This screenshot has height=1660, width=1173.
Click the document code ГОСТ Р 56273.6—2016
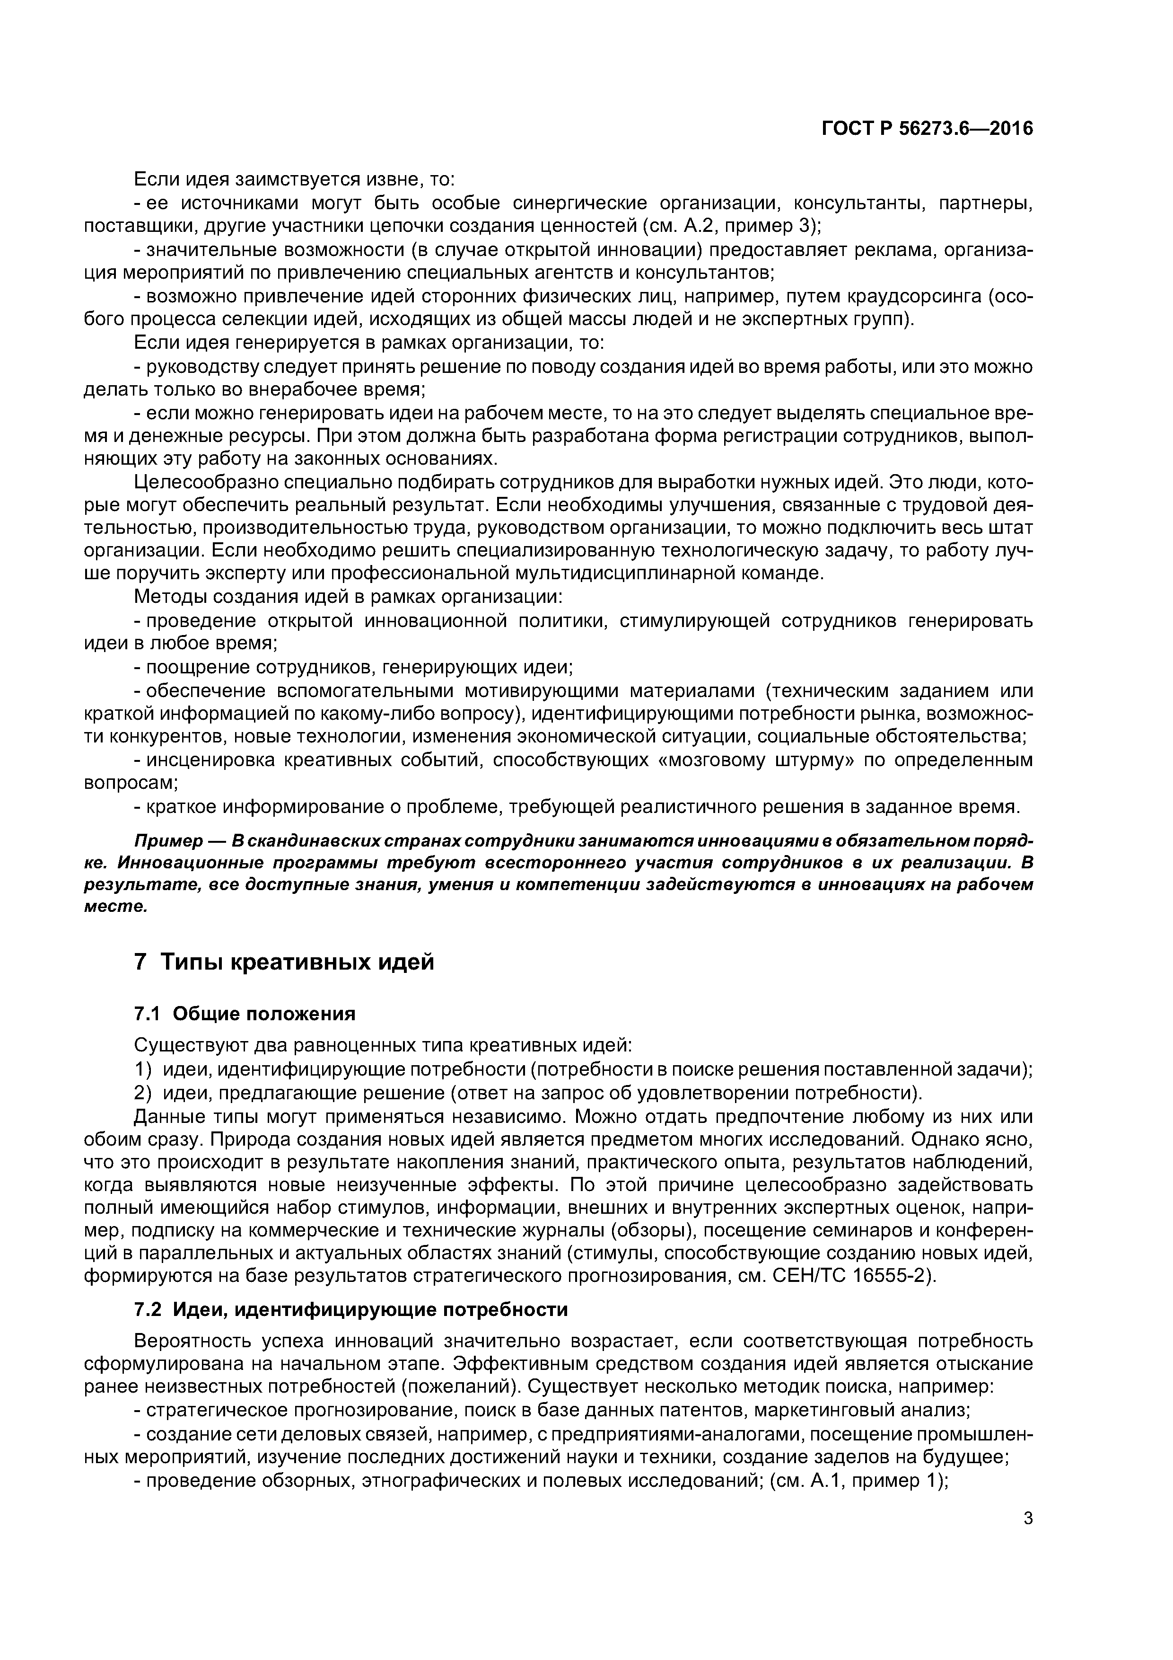(927, 129)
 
